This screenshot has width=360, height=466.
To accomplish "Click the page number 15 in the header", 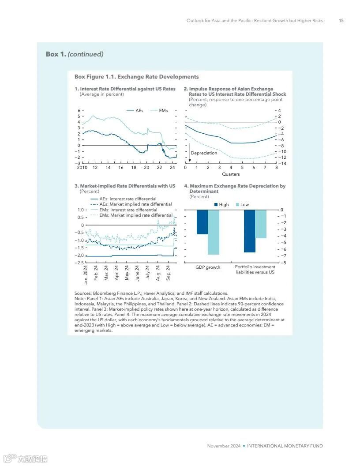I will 341,21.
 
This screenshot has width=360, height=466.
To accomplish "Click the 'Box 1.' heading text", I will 56,54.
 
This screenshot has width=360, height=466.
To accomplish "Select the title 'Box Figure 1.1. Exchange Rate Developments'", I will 137,77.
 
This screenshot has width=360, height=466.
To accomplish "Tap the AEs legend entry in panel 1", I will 135,110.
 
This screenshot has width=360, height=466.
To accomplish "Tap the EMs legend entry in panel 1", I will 159,110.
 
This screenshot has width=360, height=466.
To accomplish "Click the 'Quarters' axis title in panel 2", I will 231,174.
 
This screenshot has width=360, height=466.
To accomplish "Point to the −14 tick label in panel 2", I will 281,163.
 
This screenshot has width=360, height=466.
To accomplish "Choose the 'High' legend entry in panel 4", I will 221,205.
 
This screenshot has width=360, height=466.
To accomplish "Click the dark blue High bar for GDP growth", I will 202,222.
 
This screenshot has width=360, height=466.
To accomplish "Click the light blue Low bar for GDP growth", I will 214,232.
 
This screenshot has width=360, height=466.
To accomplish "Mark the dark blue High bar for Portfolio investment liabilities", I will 249,231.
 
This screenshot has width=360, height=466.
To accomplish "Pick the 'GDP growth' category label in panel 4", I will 208,267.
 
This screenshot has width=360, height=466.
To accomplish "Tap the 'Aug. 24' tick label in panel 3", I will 158,273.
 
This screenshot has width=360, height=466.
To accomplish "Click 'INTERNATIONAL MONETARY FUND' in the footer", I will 285,446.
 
